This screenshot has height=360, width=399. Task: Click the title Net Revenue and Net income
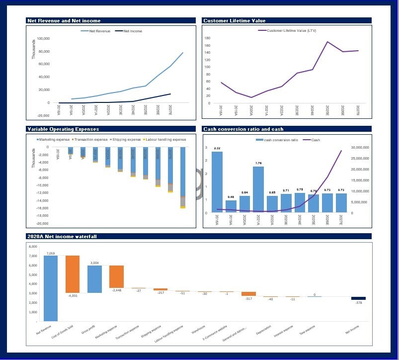coord(64,21)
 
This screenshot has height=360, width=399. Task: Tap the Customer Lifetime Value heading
coord(235,21)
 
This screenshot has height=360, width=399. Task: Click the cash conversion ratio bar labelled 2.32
coord(217,182)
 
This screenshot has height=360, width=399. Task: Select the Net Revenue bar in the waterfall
coord(50,288)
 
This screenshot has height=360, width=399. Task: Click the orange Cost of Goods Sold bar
coord(73,274)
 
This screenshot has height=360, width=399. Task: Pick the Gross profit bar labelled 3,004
coord(94,279)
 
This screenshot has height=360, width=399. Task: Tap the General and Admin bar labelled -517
coord(248,294)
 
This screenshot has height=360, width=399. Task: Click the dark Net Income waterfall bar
coord(358,298)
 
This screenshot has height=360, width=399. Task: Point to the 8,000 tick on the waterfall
coord(33,247)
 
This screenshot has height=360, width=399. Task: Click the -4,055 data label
coord(73,296)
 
